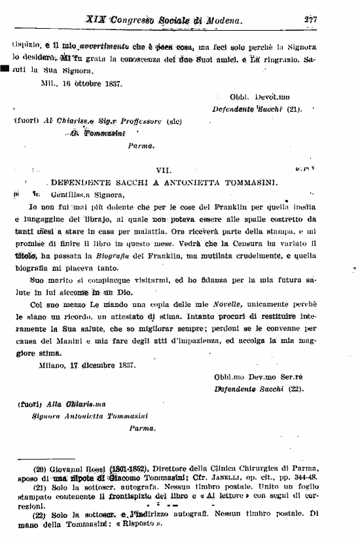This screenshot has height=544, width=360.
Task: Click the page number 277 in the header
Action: [310, 20]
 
